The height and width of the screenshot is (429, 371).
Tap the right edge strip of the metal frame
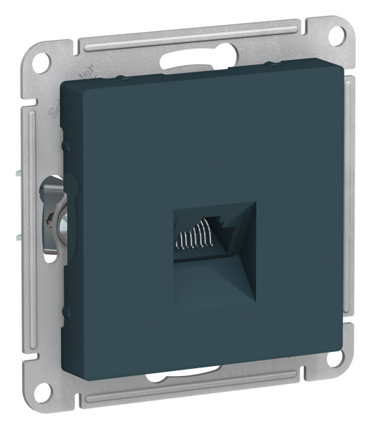click(x=350, y=214)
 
